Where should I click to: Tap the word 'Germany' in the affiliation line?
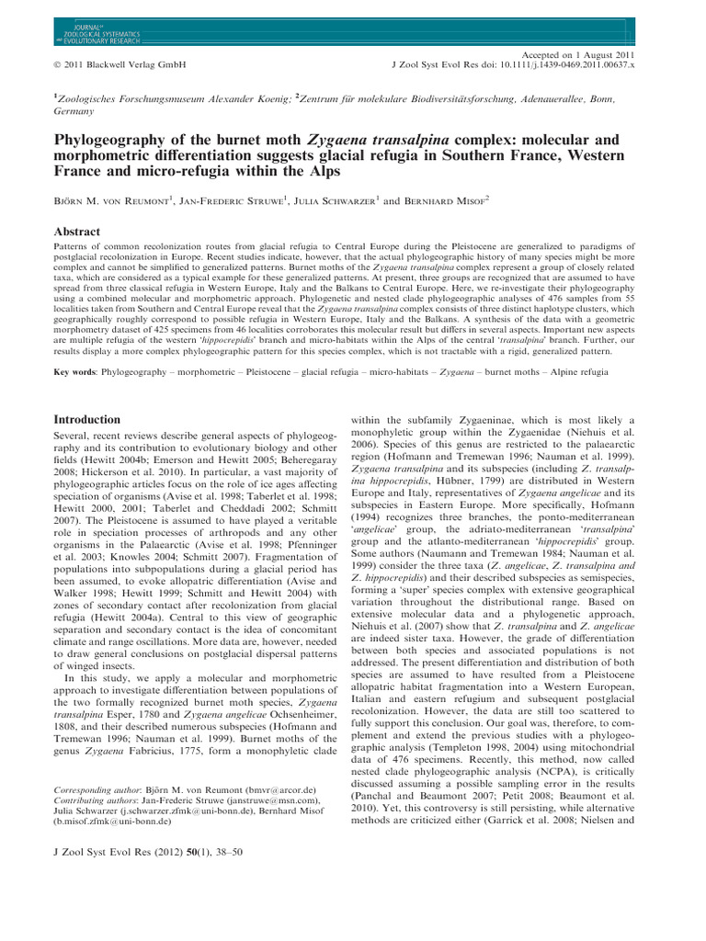(x=73, y=110)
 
